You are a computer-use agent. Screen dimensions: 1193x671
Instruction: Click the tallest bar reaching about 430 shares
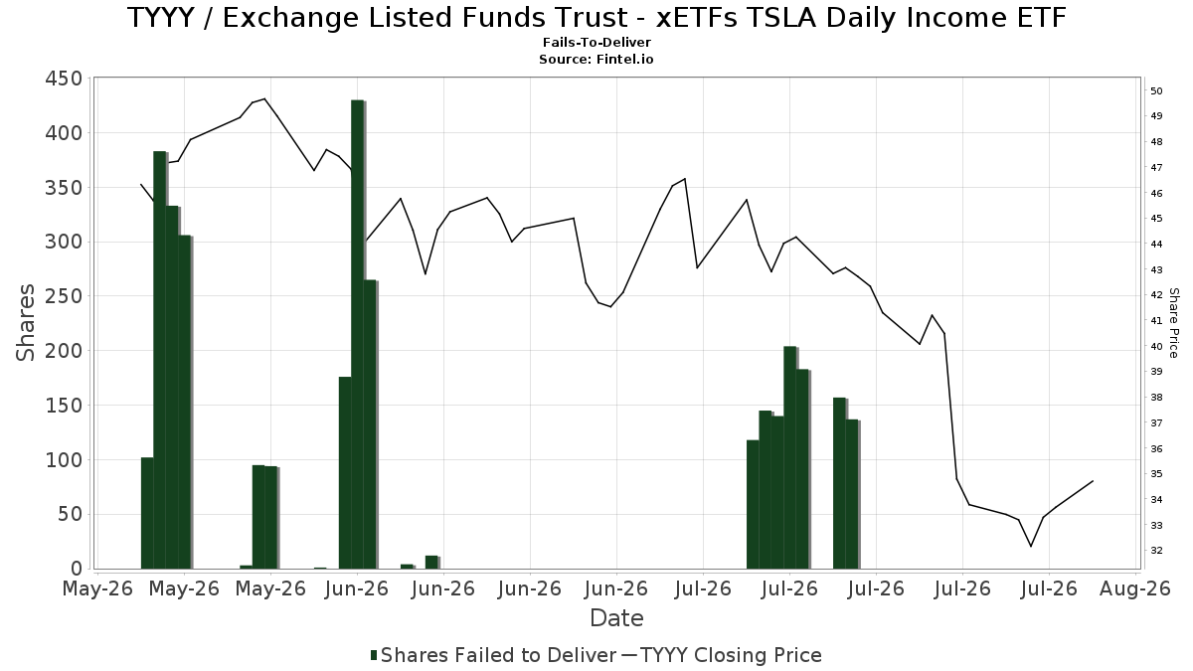(357, 334)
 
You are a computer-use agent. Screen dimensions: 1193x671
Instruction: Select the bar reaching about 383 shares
(160, 360)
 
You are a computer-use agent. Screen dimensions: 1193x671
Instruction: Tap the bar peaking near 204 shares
(789, 457)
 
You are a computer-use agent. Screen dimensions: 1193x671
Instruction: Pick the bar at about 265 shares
(370, 423)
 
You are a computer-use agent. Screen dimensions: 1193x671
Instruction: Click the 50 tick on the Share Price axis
(1156, 91)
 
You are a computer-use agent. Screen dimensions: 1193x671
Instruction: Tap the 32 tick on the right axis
(1156, 550)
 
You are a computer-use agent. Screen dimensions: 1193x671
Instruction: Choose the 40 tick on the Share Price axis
(1156, 346)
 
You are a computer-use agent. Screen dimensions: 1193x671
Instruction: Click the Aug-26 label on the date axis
(1135, 588)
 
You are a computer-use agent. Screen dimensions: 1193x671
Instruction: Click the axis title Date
(616, 618)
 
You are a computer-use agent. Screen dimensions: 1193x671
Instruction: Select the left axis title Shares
(26, 323)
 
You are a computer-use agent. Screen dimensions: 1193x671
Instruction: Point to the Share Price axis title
(1173, 323)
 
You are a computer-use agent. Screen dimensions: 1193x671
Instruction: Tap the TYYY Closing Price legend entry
(722, 655)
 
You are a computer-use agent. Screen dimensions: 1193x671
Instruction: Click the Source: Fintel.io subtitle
(596, 59)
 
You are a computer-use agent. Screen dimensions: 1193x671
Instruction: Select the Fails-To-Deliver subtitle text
(596, 42)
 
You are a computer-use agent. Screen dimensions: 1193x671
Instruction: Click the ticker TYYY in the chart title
(161, 18)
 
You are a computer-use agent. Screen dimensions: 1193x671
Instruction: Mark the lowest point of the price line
(1031, 547)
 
